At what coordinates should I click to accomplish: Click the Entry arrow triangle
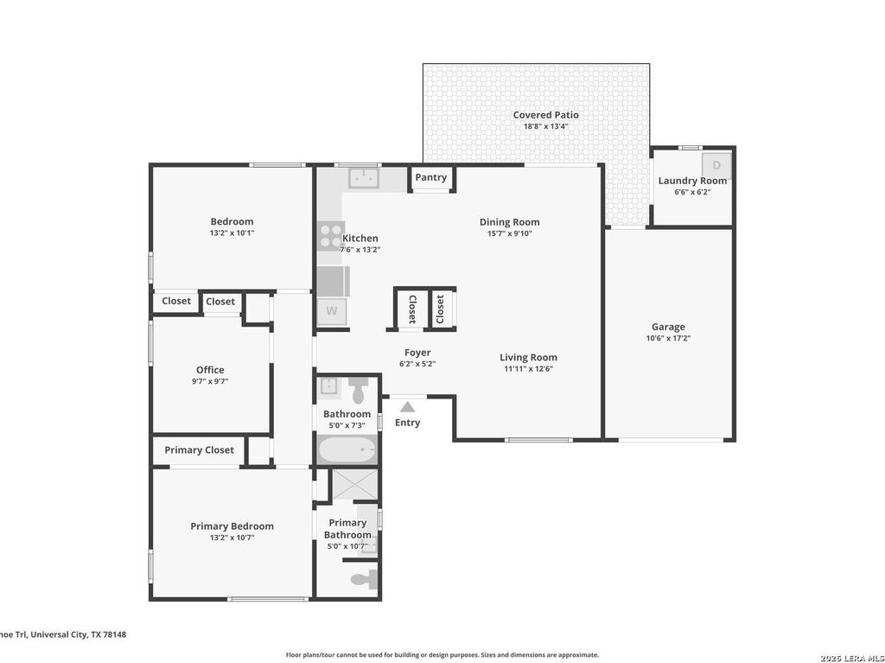click(x=408, y=407)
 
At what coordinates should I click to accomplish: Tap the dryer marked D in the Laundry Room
click(x=716, y=165)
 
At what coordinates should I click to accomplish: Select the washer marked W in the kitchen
click(x=331, y=311)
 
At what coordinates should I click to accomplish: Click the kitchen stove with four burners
click(x=331, y=235)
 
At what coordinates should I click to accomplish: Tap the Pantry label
click(x=430, y=177)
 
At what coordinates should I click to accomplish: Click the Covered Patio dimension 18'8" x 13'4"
click(x=546, y=126)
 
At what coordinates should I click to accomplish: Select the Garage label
click(x=668, y=327)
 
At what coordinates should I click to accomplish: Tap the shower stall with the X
click(x=353, y=484)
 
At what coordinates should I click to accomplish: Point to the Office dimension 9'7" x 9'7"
click(x=210, y=381)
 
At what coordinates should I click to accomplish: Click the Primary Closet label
click(x=200, y=450)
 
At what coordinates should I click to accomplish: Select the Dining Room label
click(x=510, y=222)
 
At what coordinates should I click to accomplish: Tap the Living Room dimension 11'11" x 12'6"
click(x=528, y=369)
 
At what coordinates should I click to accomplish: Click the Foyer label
click(x=417, y=353)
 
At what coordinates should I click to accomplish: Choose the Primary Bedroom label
click(x=232, y=526)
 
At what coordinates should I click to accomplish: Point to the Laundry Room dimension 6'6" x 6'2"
click(x=692, y=192)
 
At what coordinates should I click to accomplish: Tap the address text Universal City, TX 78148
click(x=79, y=634)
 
